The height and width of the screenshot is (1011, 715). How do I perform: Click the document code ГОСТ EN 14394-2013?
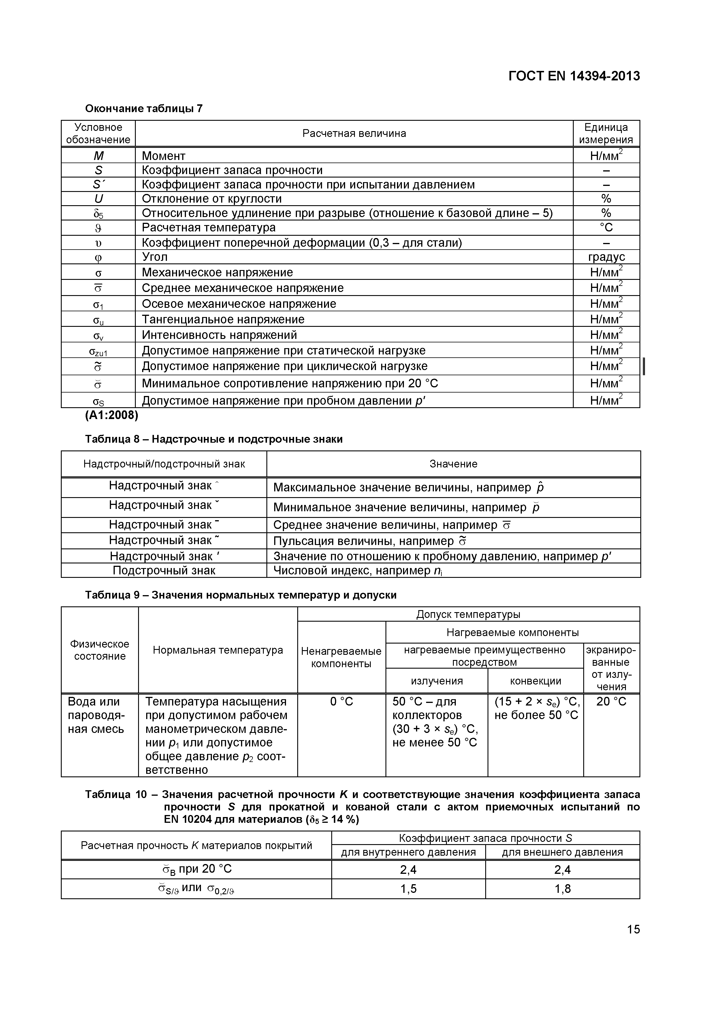(x=574, y=76)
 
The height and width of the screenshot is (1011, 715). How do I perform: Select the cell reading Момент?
(x=163, y=156)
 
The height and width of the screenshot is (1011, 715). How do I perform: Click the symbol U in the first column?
(x=98, y=199)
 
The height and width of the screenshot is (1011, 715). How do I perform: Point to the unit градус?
(x=606, y=257)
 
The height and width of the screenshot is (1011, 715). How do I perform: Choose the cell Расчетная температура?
(x=208, y=228)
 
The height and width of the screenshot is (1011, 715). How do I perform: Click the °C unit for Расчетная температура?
(x=606, y=228)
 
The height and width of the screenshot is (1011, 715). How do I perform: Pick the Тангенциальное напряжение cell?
(x=223, y=319)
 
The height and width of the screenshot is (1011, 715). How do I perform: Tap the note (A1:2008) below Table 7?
(x=112, y=415)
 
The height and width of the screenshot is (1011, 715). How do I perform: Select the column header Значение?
(x=453, y=464)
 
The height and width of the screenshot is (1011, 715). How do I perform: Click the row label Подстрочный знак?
(x=164, y=571)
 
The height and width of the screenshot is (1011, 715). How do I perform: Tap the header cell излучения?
(x=436, y=681)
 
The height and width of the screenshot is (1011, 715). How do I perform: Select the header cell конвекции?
(x=535, y=681)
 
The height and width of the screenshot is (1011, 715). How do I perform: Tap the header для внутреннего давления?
(x=408, y=852)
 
